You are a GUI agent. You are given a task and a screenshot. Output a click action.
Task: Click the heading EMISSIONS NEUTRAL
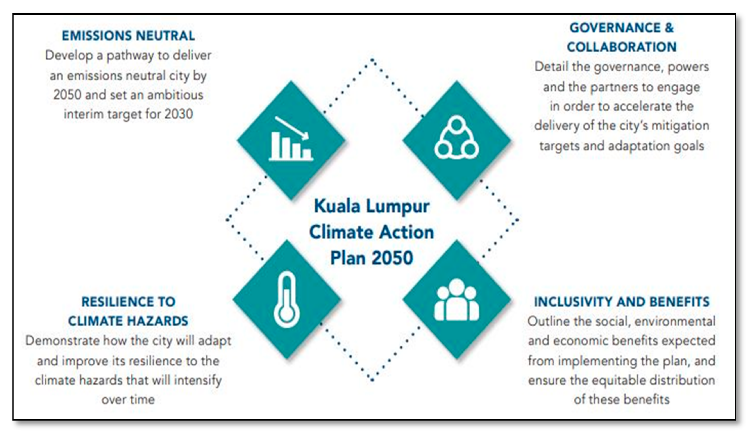point(128,36)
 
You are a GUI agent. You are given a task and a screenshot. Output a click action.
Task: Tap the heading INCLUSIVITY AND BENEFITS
point(622,302)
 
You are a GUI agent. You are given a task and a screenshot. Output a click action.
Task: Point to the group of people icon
point(457,300)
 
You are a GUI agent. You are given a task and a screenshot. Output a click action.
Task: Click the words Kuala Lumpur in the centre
point(372,206)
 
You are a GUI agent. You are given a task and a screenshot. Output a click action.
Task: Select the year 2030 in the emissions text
point(179,114)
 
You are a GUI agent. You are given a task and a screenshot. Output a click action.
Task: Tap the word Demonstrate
point(63,341)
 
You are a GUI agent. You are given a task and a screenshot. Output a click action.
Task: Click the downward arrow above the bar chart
point(292,128)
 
